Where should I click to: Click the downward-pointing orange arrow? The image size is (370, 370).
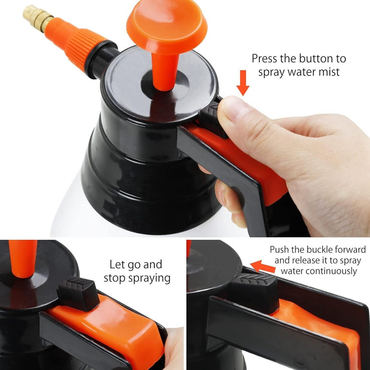click(x=243, y=83)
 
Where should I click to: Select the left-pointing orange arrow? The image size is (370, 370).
click(x=263, y=266)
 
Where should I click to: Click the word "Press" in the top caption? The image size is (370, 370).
click(x=264, y=59)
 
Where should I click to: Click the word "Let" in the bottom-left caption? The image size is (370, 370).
click(x=117, y=264)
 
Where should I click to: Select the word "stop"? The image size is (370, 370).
click(x=114, y=278)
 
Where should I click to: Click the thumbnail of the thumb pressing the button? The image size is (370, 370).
click(x=232, y=109)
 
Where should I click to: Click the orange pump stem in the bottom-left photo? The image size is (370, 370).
click(x=22, y=258)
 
